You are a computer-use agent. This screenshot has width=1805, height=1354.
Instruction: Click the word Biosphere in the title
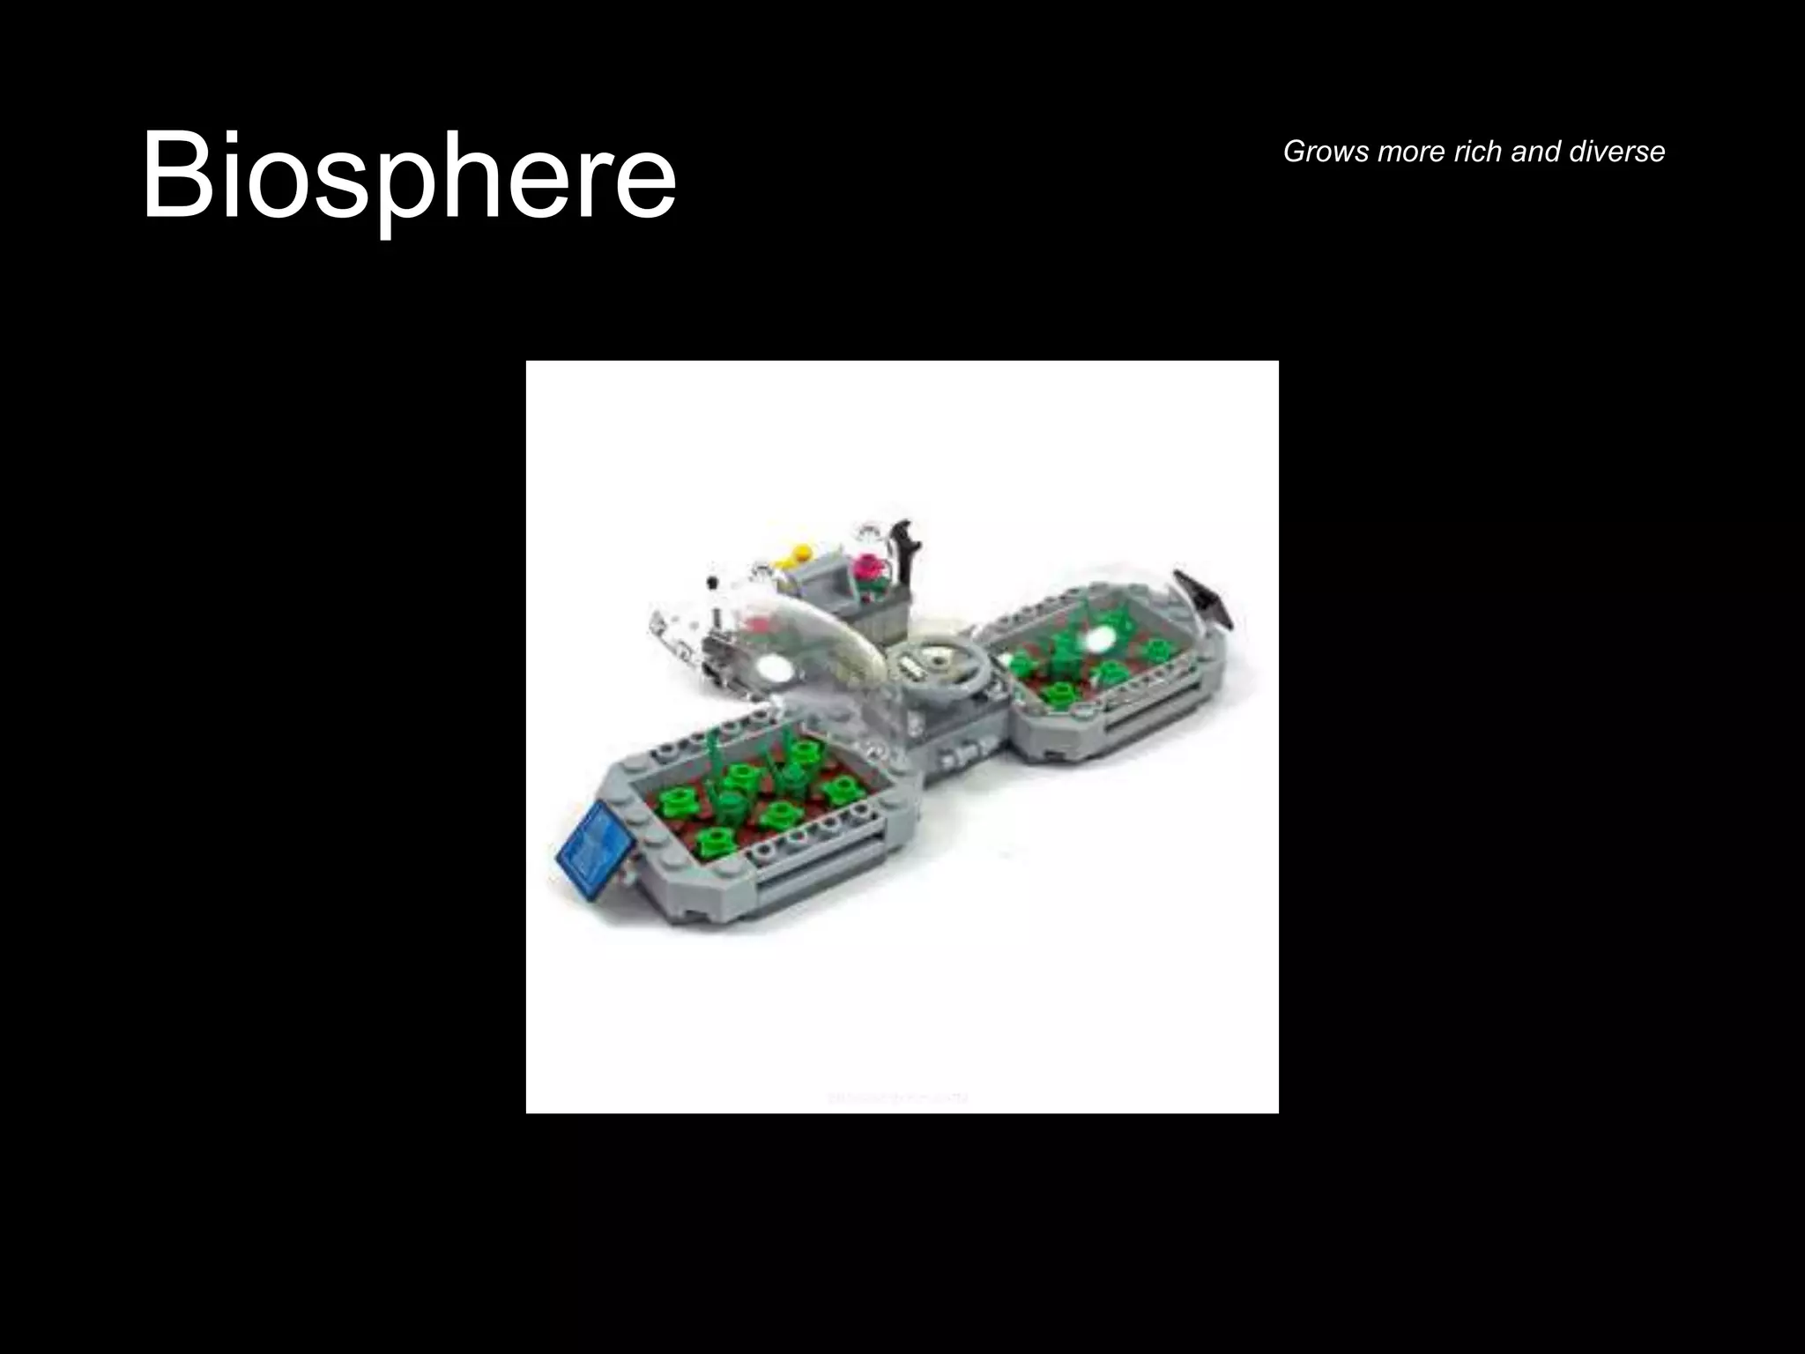click(408, 176)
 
